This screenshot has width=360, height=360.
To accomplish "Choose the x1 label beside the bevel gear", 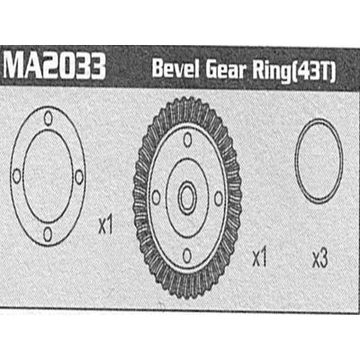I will pos(261,258).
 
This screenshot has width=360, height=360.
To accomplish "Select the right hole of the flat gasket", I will pos(79,176).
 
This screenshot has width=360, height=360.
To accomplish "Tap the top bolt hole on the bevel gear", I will pos(187,139).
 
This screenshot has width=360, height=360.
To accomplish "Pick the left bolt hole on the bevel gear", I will pos(157,196).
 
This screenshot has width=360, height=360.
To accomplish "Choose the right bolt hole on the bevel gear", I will pos(219,196).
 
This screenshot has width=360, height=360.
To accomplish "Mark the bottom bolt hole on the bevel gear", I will pos(187,255).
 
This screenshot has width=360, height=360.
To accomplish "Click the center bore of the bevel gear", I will pos(187,196).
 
